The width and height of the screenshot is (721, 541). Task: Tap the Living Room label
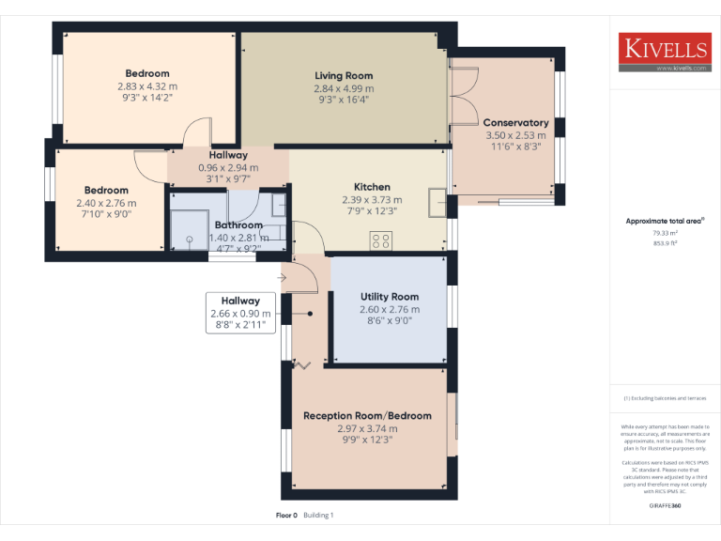(344, 76)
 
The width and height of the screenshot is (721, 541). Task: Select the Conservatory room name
(515, 123)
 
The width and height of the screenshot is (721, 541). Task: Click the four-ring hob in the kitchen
(381, 240)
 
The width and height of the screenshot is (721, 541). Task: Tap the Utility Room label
(390, 297)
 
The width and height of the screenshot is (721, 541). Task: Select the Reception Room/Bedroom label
(367, 416)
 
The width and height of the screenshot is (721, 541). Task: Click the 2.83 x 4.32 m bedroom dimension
(147, 85)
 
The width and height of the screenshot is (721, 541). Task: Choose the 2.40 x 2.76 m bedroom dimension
(106, 203)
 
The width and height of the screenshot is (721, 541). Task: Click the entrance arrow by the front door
(284, 277)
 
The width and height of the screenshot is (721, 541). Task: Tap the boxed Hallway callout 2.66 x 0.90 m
(241, 313)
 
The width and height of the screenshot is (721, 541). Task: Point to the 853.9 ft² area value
(665, 242)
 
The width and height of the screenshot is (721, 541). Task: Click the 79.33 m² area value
(665, 233)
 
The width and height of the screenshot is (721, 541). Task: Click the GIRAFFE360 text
(665, 505)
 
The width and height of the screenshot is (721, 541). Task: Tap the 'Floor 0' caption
(286, 515)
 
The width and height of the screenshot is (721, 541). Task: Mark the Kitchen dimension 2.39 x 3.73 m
(372, 200)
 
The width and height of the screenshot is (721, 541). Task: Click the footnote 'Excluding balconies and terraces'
(665, 398)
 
